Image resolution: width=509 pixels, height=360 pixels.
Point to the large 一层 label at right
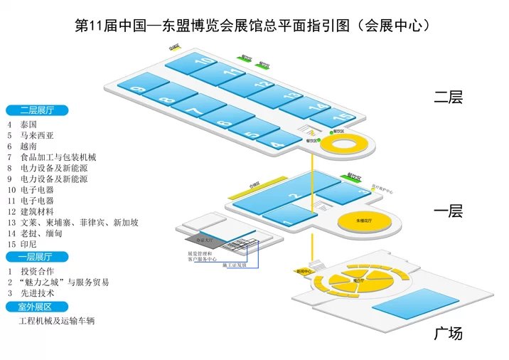(x=448, y=211)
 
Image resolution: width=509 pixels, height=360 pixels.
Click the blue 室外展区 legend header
(x=37, y=307)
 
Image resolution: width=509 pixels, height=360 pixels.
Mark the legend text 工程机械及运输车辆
(x=58, y=322)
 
